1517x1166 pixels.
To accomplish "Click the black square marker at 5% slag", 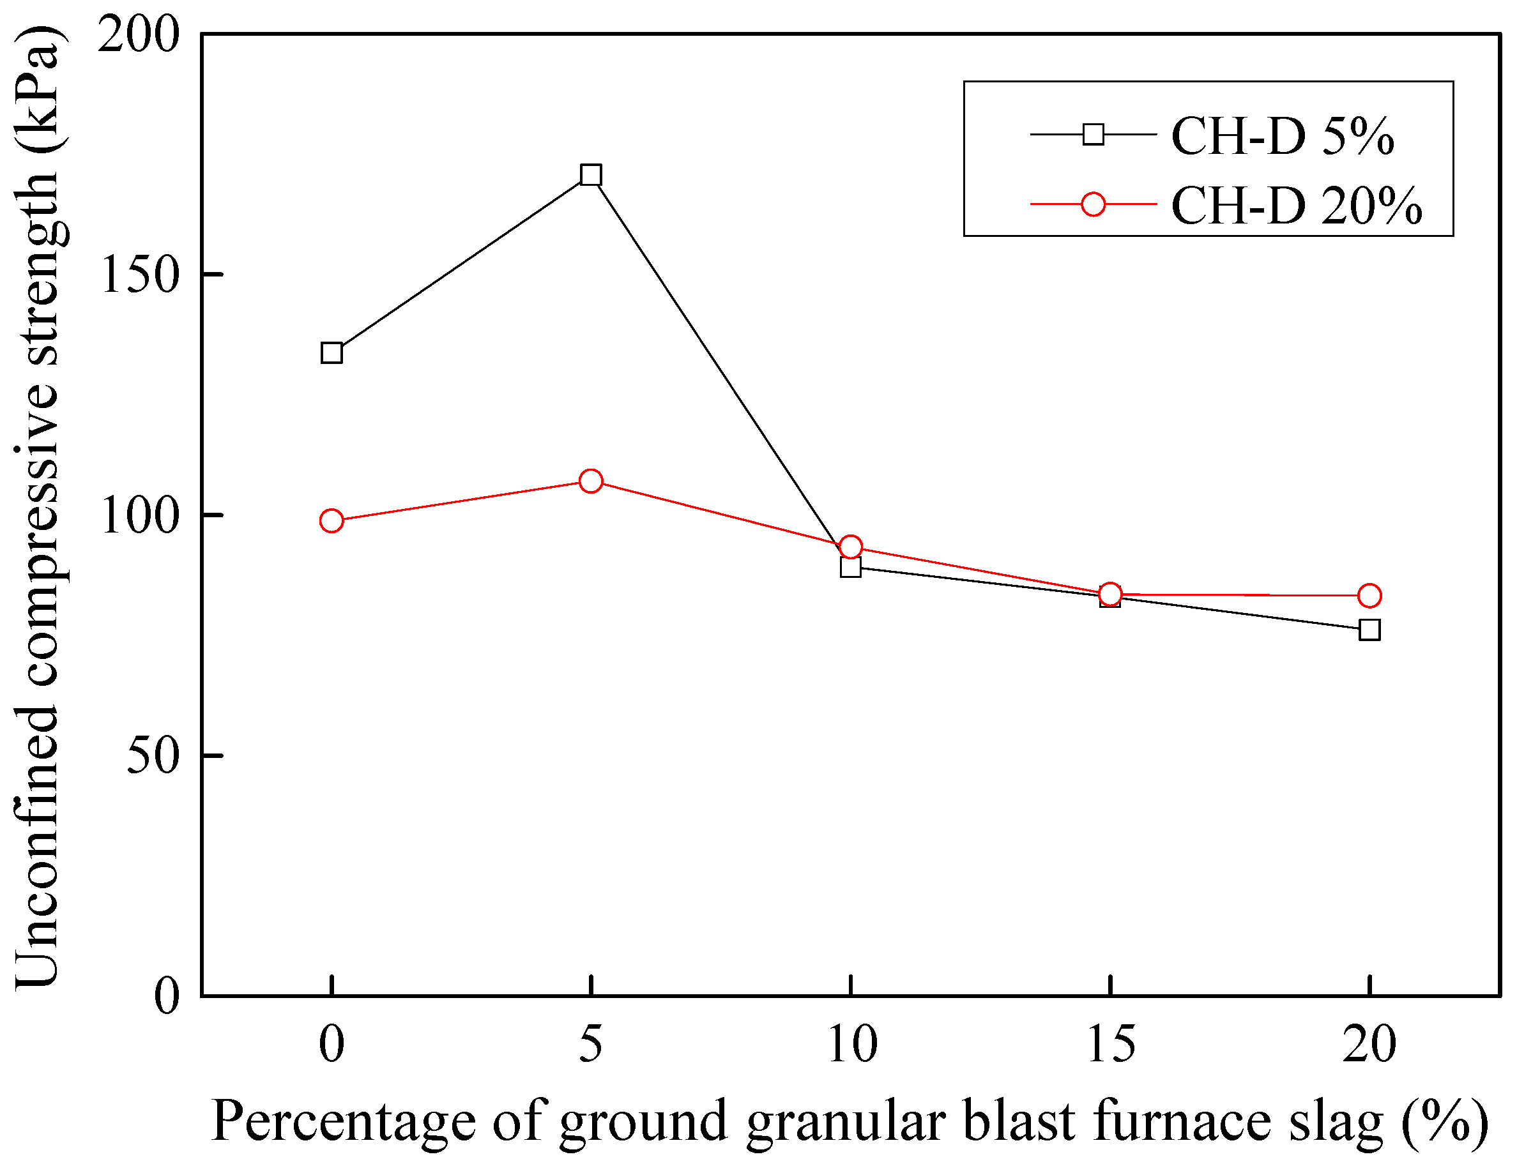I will click(x=590, y=175).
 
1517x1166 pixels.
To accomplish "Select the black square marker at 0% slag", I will click(x=332, y=353).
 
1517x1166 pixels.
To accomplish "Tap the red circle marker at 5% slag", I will click(x=590, y=481).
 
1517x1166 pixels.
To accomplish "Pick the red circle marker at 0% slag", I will click(x=332, y=520).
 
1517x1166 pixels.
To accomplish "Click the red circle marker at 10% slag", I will click(x=851, y=547).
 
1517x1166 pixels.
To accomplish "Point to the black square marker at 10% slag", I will click(x=851, y=568).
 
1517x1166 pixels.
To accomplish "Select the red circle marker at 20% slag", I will click(x=1369, y=596).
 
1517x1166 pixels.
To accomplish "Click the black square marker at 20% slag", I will click(x=1369, y=630).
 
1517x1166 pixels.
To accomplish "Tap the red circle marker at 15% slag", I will click(x=1110, y=594).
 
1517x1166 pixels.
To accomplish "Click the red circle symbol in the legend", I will click(x=1094, y=204).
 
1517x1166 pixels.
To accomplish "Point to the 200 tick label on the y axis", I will click(x=138, y=34).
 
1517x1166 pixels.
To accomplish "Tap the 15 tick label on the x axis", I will click(x=1110, y=1045).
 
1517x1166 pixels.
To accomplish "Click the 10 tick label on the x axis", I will click(x=852, y=1045).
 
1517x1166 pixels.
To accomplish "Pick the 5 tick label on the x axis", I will click(x=590, y=1045).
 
